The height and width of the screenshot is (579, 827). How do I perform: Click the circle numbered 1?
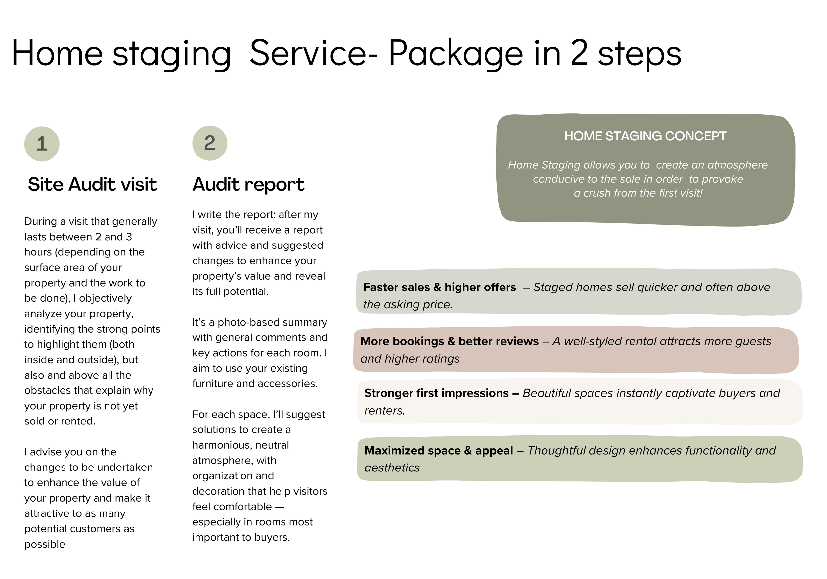pos(42,144)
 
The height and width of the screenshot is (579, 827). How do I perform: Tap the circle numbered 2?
pos(210,143)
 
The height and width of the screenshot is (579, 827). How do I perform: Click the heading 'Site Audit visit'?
pos(93,185)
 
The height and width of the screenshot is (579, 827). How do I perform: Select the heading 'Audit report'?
pos(248,185)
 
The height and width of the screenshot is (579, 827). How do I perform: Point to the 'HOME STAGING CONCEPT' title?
pos(645,136)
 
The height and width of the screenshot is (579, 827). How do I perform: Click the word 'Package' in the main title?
pos(456,54)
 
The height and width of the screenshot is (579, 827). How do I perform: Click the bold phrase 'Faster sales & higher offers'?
pos(439,287)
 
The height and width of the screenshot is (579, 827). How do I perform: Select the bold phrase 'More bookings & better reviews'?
pos(449,341)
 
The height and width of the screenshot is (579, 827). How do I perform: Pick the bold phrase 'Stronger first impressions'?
pos(436,393)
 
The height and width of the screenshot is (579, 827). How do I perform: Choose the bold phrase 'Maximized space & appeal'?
pos(438,450)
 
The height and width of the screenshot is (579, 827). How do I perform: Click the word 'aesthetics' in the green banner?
pos(392,468)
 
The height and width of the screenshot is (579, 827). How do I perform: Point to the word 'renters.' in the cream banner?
pos(384,410)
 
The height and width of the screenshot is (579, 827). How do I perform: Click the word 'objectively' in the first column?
pos(105,298)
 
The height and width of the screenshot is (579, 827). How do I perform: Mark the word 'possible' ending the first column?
pos(45,544)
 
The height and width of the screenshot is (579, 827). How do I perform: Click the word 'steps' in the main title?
pos(640,54)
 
